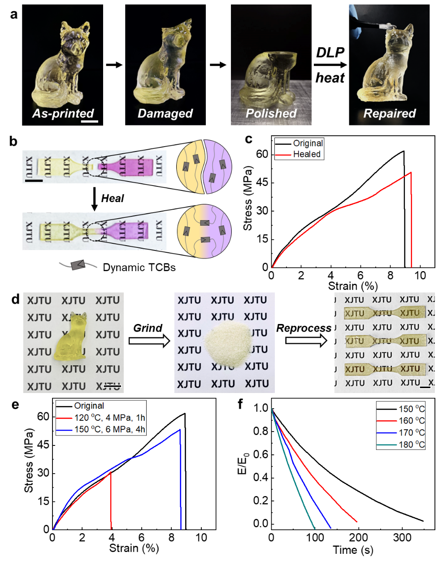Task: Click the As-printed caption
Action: [63, 114]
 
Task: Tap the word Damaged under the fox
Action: [165, 114]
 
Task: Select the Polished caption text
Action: [271, 114]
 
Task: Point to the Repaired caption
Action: [390, 114]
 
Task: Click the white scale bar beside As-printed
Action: [90, 121]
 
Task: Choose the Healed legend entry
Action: [307, 154]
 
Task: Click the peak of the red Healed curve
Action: [410, 173]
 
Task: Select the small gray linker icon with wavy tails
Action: [78, 265]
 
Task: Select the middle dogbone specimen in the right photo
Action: [382, 341]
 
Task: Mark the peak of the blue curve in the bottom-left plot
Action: [180, 430]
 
